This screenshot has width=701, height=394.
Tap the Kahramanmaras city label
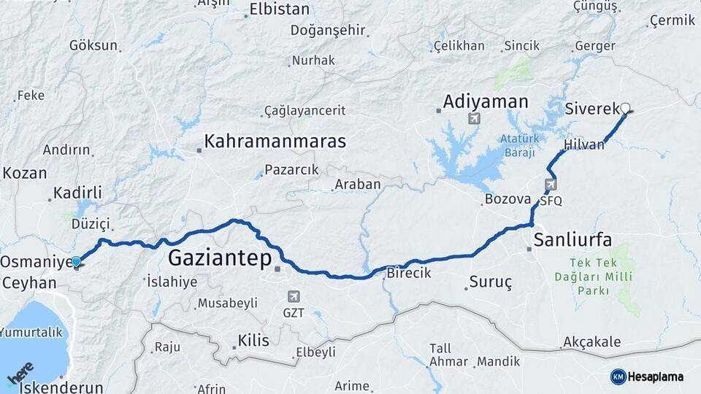click(275, 141)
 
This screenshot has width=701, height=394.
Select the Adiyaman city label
click(485, 101)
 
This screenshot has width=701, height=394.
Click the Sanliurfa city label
click(572, 239)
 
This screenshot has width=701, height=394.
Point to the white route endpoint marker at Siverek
click(624, 109)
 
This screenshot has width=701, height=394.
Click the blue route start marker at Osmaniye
click(77, 260)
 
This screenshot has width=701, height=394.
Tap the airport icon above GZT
click(294, 296)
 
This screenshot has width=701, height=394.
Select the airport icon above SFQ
click(551, 185)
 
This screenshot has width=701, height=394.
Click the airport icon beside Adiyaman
click(476, 118)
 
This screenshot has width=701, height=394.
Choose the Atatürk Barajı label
click(518, 145)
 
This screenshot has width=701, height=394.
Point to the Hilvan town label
click(584, 144)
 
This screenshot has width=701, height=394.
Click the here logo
click(21, 373)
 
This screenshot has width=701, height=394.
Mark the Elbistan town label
click(279, 9)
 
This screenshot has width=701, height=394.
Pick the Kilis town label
click(253, 341)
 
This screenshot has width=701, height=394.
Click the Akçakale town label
click(591, 342)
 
